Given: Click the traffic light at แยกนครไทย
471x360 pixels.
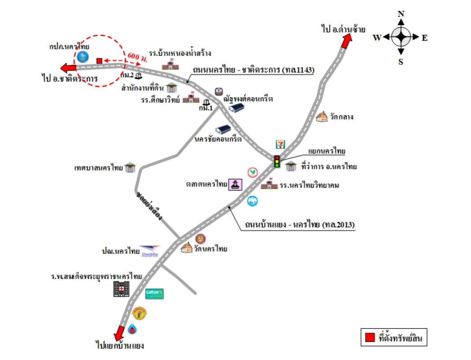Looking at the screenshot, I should tap(277, 162).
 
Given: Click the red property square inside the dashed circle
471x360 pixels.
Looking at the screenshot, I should tap(99, 60).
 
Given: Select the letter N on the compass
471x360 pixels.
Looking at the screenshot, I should tap(401, 13).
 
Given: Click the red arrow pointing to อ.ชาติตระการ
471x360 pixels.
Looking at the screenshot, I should tap(69, 68).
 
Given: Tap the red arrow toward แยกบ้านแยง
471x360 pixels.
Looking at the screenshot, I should tap(119, 333).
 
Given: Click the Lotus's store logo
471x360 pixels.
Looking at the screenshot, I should tap(154, 294).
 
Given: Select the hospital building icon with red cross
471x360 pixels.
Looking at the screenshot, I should tap(121, 289).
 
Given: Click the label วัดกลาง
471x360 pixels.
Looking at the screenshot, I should tap(341, 117).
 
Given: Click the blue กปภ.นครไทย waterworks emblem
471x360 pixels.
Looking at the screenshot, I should tap(82, 57).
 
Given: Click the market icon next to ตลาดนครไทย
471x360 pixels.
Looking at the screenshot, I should tap(236, 184).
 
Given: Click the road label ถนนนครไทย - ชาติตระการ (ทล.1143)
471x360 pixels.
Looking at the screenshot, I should tap(253, 70).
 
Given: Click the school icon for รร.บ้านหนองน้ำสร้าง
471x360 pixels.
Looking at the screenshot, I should tap(170, 65).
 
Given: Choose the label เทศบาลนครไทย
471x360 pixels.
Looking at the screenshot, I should tap(99, 168).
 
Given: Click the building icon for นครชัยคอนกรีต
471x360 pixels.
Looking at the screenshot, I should tap(223, 130).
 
